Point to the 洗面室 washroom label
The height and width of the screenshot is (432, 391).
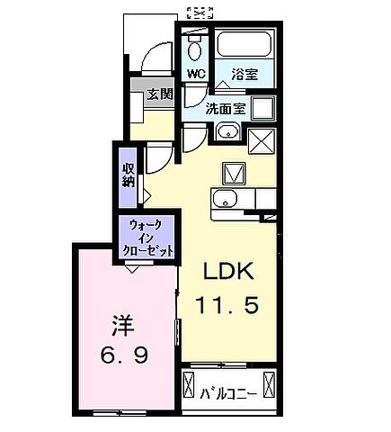[x=225, y=108]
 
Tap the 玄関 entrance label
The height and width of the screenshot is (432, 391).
[x=161, y=94]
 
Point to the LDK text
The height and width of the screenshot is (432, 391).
[x=228, y=271]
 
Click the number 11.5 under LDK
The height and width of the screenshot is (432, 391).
[x=228, y=306]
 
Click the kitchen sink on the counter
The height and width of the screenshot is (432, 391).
[x=224, y=199]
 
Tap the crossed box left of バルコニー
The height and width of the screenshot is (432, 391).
[x=189, y=385]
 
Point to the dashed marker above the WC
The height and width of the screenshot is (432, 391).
[x=200, y=12]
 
